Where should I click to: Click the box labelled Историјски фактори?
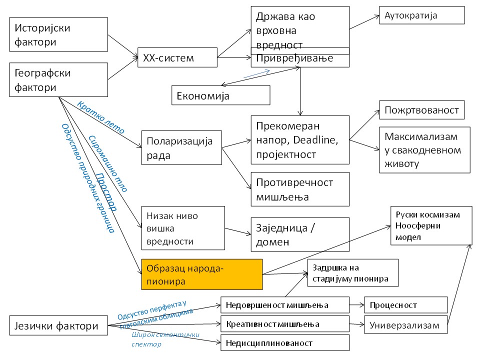tap(59, 34)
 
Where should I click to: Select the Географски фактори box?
tap(59, 80)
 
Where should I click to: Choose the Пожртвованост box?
tap(421, 110)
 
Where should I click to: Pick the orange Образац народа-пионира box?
tap(201, 274)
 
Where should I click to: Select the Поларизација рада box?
tap(181, 148)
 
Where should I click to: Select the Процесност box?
tap(405, 305)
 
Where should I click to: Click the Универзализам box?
tap(405, 325)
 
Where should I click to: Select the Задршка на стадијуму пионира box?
tap(352, 273)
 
